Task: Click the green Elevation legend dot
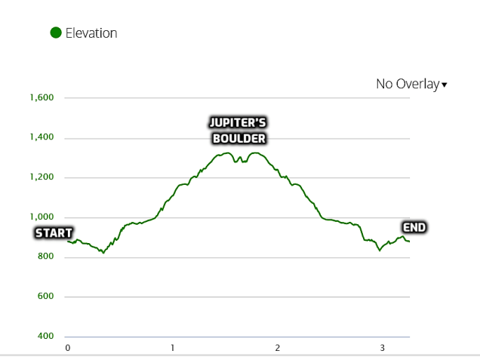click(55, 33)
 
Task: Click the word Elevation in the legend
click(91, 33)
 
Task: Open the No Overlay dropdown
click(408, 84)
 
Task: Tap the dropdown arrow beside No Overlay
click(445, 85)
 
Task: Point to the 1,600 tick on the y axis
click(42, 98)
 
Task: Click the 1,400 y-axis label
click(42, 138)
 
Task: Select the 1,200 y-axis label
click(42, 177)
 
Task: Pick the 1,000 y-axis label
click(42, 217)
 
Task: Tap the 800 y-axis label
click(45, 257)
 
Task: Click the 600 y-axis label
click(45, 297)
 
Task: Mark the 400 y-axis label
click(45, 337)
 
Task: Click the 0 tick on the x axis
click(68, 348)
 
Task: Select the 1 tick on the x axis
click(173, 348)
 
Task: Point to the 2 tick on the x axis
click(278, 348)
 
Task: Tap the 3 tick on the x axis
click(383, 348)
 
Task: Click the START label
click(54, 233)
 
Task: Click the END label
click(414, 228)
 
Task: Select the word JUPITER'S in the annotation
click(238, 123)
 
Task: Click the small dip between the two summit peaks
click(236, 162)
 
